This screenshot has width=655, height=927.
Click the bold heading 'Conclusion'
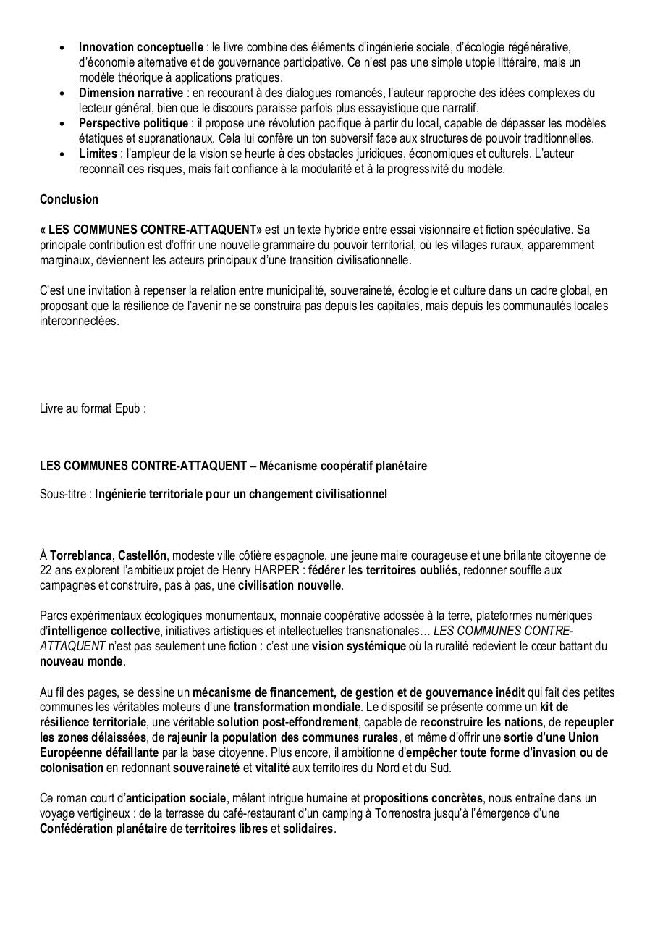coord(69,199)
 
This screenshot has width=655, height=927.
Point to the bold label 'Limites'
coord(98,154)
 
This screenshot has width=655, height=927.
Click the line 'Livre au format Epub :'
coord(93,408)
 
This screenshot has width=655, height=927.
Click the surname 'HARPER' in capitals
coord(284,571)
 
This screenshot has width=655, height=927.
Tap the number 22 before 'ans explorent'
coord(46,571)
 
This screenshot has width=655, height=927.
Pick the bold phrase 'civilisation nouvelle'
coord(290,586)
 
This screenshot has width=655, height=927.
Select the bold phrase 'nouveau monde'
coord(81,662)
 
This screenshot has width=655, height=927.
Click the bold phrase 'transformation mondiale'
coord(296,707)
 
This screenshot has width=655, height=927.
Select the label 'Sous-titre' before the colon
coord(64,495)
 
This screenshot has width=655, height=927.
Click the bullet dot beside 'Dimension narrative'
coord(63,94)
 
